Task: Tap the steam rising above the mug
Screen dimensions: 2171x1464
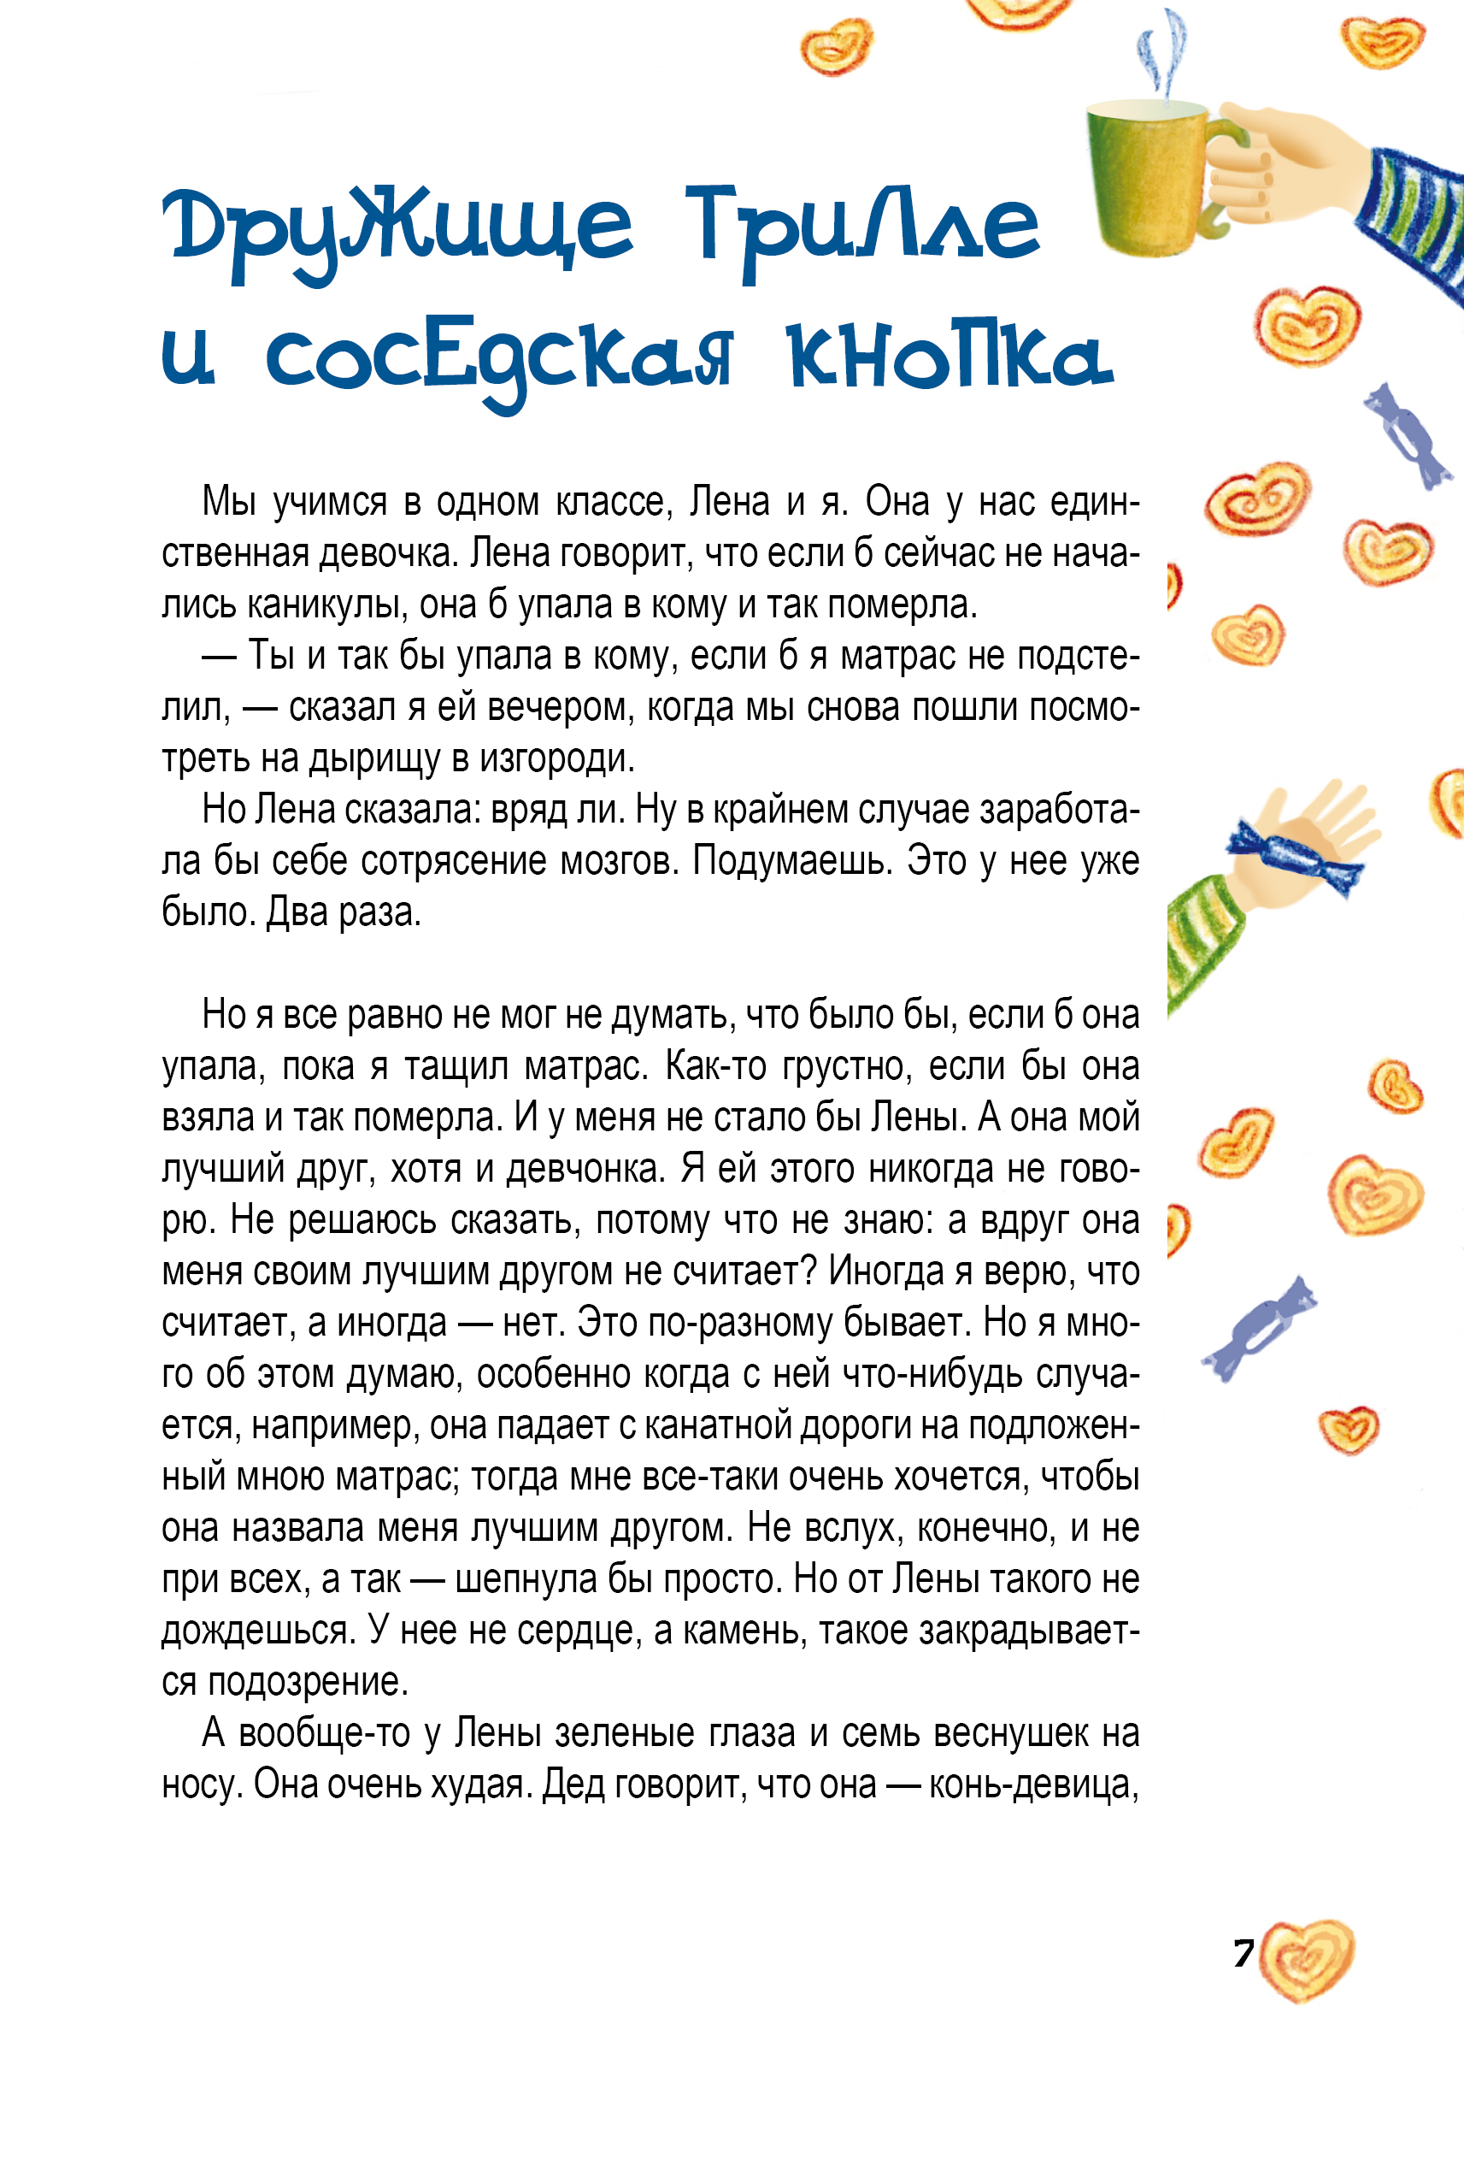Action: click(1163, 51)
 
